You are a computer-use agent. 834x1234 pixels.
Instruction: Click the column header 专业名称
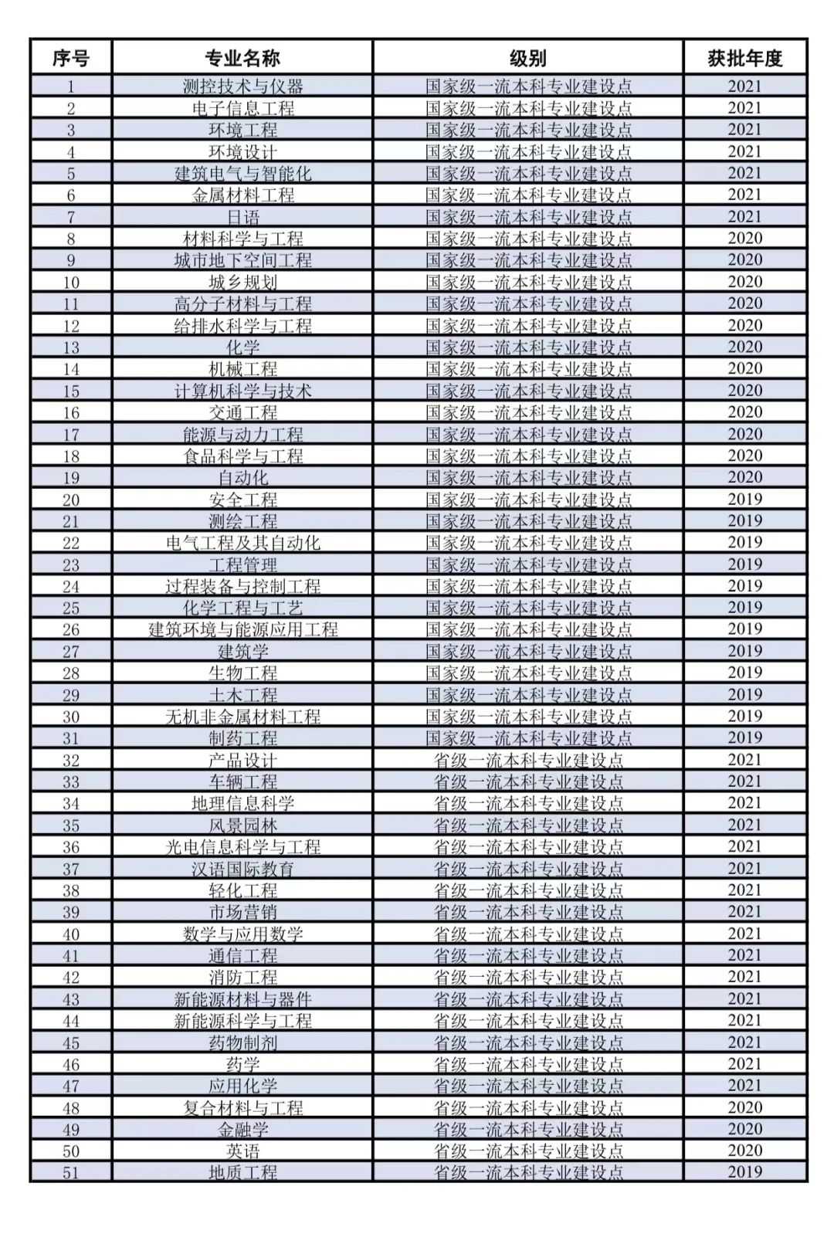pos(242,58)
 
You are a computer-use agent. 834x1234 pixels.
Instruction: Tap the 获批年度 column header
pos(744,58)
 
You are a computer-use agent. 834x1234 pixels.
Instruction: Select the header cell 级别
pos(528,58)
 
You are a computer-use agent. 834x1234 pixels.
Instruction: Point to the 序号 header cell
pos(71,58)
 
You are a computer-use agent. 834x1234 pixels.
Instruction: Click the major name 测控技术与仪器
pos(242,86)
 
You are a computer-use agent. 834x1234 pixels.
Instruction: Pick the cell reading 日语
pos(242,217)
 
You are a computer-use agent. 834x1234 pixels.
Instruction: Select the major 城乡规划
pos(242,282)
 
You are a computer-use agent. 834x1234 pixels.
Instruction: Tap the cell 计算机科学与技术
pos(242,391)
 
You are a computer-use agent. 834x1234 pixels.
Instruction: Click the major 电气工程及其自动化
pos(242,543)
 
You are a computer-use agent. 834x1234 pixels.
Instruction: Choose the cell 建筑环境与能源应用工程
pos(242,629)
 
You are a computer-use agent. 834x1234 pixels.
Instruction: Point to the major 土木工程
pos(242,695)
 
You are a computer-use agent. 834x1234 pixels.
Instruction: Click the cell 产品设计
pos(242,760)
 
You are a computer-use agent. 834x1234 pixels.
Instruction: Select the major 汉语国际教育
pos(242,869)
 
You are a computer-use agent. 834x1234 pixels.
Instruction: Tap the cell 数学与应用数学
pos(242,934)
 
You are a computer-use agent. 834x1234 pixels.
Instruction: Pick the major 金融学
pos(242,1130)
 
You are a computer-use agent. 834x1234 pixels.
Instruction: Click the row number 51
pos(71,1173)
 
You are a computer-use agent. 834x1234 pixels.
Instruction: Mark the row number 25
pos(71,608)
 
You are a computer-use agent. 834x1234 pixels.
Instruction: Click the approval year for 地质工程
pos(744,1172)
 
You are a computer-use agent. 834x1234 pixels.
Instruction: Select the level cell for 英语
pos(528,1151)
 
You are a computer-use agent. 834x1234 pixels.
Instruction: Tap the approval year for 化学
pos(744,347)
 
